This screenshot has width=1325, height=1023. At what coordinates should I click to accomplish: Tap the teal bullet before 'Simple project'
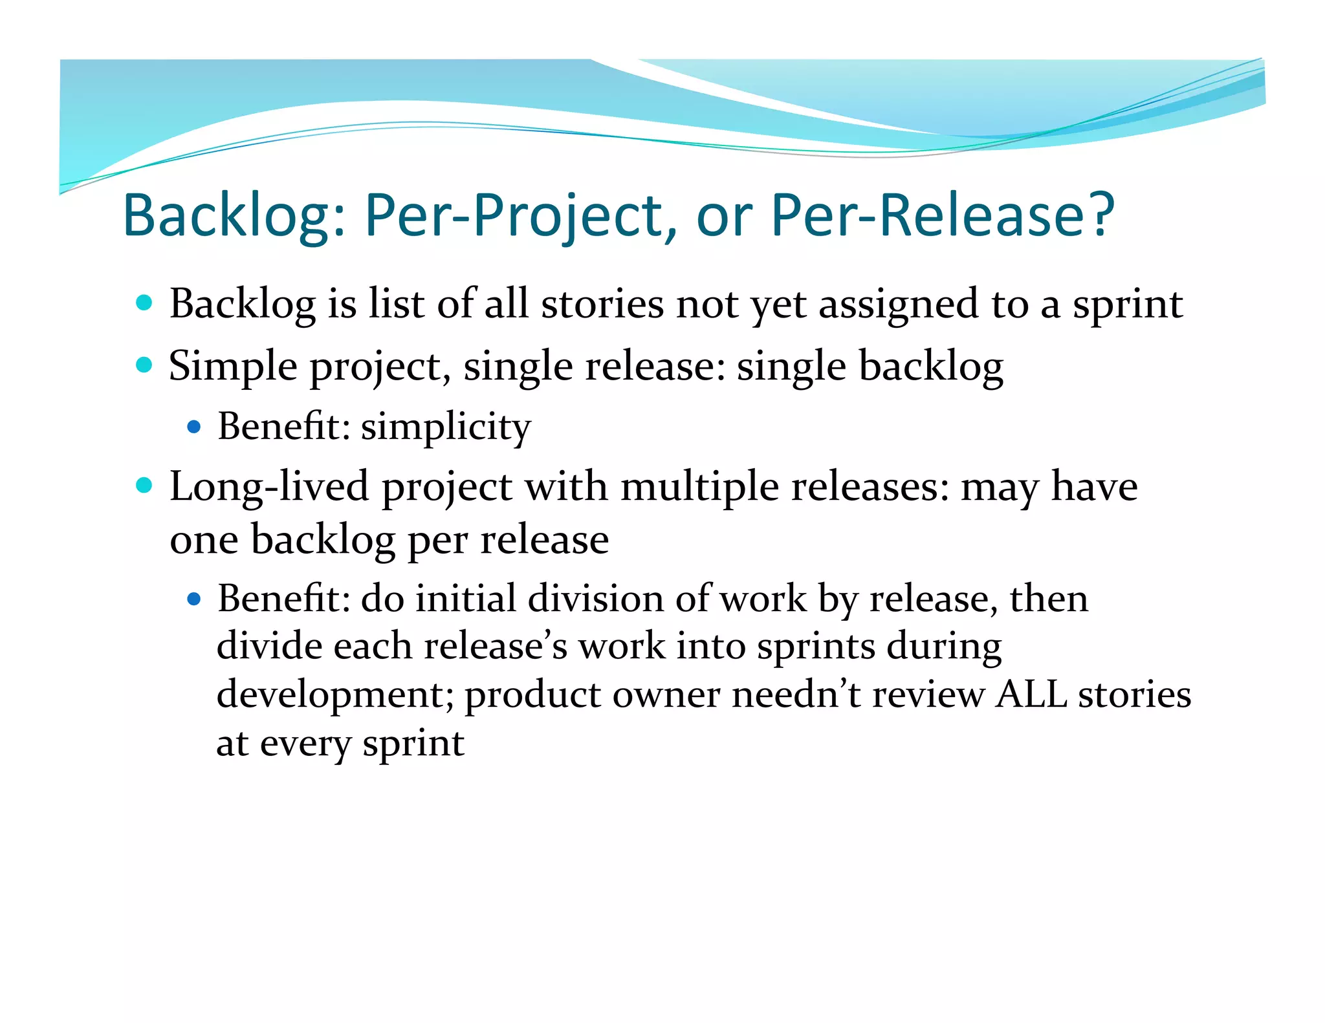click(x=144, y=365)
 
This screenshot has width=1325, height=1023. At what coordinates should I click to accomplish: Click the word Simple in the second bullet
click(x=233, y=367)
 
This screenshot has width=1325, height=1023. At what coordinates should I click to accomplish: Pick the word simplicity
click(x=446, y=427)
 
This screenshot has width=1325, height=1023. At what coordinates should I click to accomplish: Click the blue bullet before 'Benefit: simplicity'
click(x=193, y=427)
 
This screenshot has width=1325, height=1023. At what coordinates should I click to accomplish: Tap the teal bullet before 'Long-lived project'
click(x=144, y=485)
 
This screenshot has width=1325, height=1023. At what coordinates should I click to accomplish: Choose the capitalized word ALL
click(x=1031, y=695)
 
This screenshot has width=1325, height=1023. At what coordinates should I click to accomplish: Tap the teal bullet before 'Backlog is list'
click(x=144, y=303)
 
